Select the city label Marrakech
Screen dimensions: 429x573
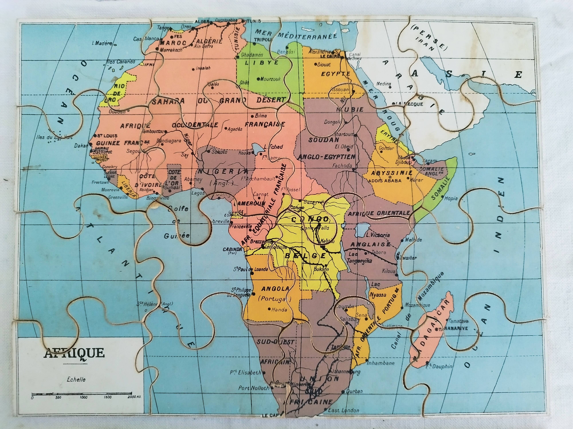171,50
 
